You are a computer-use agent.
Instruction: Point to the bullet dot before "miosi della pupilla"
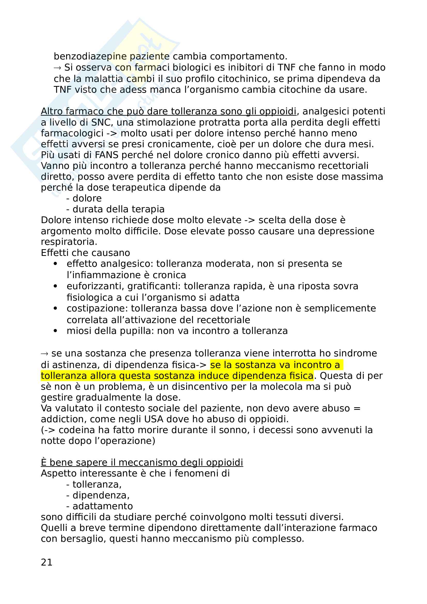click(55, 331)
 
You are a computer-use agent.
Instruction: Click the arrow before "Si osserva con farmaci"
click(57, 68)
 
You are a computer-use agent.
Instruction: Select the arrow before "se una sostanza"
click(44, 354)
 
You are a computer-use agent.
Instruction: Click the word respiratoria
click(69, 242)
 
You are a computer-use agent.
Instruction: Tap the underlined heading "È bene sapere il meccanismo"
click(142, 462)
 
